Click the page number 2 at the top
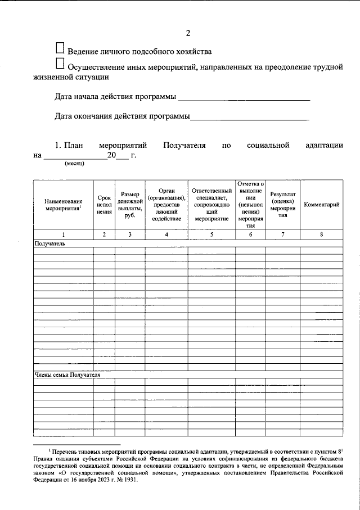point(187,32)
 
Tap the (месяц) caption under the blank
point(74,164)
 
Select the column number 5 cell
point(211,234)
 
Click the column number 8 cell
point(321,234)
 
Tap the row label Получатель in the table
point(49,244)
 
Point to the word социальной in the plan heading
point(268,146)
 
